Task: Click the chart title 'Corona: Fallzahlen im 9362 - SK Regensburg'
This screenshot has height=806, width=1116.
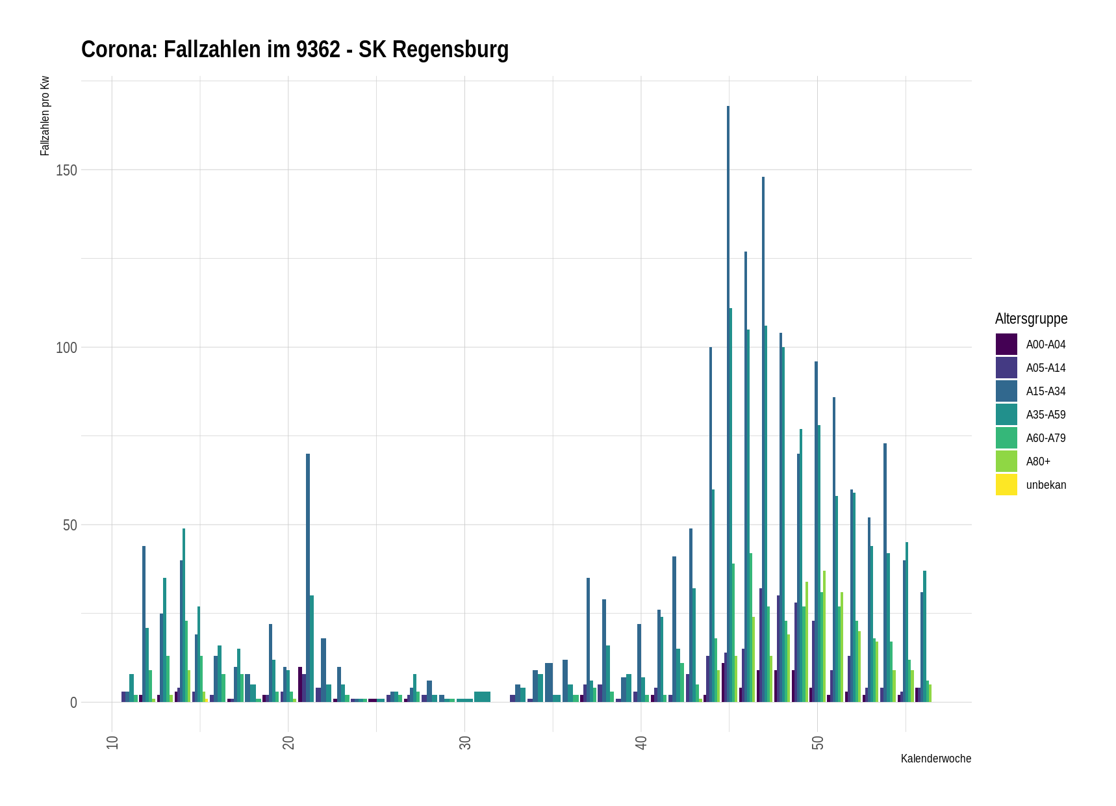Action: tap(294, 50)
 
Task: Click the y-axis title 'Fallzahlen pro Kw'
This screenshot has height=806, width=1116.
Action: tap(45, 116)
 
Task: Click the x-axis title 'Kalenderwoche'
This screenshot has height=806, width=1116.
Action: tap(935, 759)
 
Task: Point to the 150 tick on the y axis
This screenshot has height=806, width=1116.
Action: tap(66, 170)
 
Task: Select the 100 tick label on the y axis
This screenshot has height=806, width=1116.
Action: tap(66, 348)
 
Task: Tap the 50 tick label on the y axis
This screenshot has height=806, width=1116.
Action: tap(70, 525)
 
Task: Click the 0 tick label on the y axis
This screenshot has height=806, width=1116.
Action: tap(73, 703)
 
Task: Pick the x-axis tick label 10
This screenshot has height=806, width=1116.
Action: tap(112, 742)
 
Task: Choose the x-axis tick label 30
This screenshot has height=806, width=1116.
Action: tap(465, 742)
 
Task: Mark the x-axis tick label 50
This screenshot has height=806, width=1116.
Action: tap(818, 742)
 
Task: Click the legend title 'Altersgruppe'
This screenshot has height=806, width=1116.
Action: tap(1031, 318)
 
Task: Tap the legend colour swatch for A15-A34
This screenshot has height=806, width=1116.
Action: tap(1006, 391)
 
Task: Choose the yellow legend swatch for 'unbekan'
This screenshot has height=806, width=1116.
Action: tap(1006, 485)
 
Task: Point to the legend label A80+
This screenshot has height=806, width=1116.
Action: tap(1038, 461)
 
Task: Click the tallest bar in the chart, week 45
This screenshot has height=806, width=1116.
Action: tap(728, 403)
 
